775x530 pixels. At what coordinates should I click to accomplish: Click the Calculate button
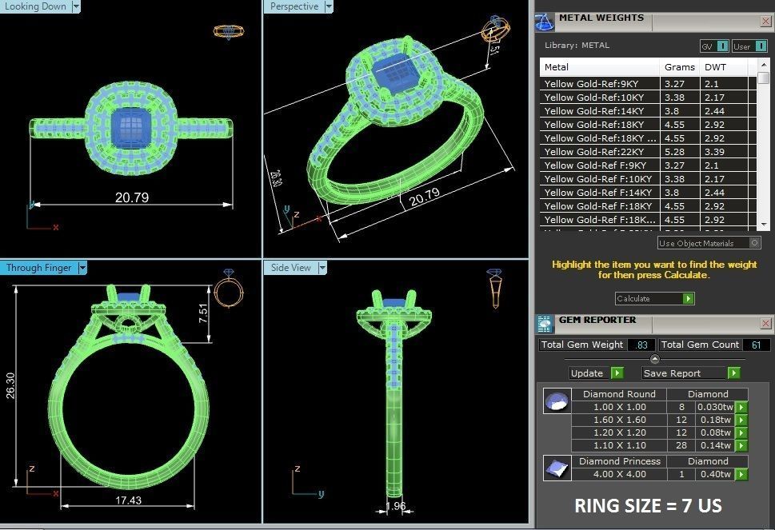(654, 298)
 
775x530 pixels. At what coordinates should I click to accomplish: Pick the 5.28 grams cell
(674, 152)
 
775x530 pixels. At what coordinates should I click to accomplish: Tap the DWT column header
(715, 67)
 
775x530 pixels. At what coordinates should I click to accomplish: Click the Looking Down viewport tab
(36, 6)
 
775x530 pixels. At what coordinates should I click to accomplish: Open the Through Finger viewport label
(38, 268)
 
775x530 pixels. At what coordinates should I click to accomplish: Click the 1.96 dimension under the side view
(395, 506)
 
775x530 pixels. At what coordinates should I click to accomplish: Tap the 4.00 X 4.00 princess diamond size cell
(620, 474)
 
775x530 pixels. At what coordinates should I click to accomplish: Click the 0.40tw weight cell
(713, 474)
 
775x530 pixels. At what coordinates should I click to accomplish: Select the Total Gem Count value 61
(756, 345)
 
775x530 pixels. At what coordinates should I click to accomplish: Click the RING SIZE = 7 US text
(647, 506)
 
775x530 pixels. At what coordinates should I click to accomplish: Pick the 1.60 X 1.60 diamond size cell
(620, 420)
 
